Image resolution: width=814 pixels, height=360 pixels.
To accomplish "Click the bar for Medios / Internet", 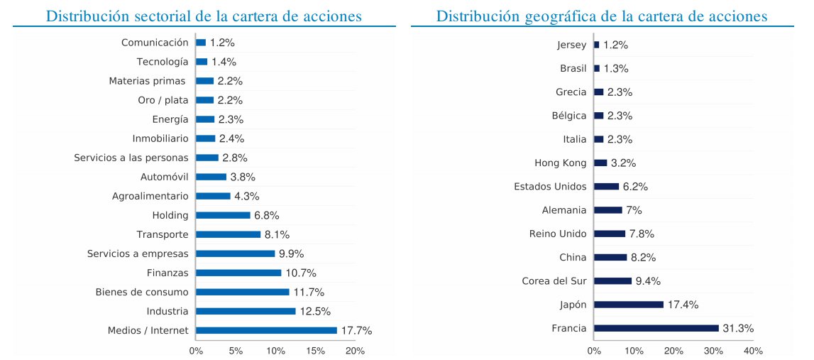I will (x=266, y=330).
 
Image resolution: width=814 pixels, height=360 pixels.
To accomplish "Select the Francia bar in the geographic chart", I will (x=656, y=328).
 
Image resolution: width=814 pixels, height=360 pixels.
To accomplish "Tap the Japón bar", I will (x=628, y=305).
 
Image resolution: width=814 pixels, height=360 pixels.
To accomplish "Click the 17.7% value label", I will (x=357, y=330).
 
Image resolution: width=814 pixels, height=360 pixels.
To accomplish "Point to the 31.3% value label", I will (x=738, y=328).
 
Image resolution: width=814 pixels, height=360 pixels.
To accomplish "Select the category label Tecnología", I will (x=163, y=62).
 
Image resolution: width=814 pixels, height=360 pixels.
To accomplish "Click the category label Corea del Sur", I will (x=554, y=281).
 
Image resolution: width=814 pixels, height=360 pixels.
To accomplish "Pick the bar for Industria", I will (x=246, y=311).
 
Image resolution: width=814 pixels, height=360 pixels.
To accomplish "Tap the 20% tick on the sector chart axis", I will (x=355, y=351).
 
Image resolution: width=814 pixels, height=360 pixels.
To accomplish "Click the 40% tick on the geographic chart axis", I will (x=753, y=351).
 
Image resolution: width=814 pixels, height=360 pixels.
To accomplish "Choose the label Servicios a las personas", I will (x=131, y=158).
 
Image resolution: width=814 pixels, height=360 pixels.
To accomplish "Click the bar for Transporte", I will (x=228, y=234).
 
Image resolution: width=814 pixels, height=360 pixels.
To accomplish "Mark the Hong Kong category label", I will (x=561, y=163).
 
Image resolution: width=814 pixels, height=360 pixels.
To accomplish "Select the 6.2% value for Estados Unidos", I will (x=635, y=187).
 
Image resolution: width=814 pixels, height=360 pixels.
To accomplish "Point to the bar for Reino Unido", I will (x=609, y=234).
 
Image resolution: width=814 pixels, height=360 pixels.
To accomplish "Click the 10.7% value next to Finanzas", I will (x=301, y=273).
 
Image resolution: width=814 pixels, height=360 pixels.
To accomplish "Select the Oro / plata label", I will (x=163, y=100).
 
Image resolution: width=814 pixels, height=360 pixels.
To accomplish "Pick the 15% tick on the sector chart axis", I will (x=315, y=351).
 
